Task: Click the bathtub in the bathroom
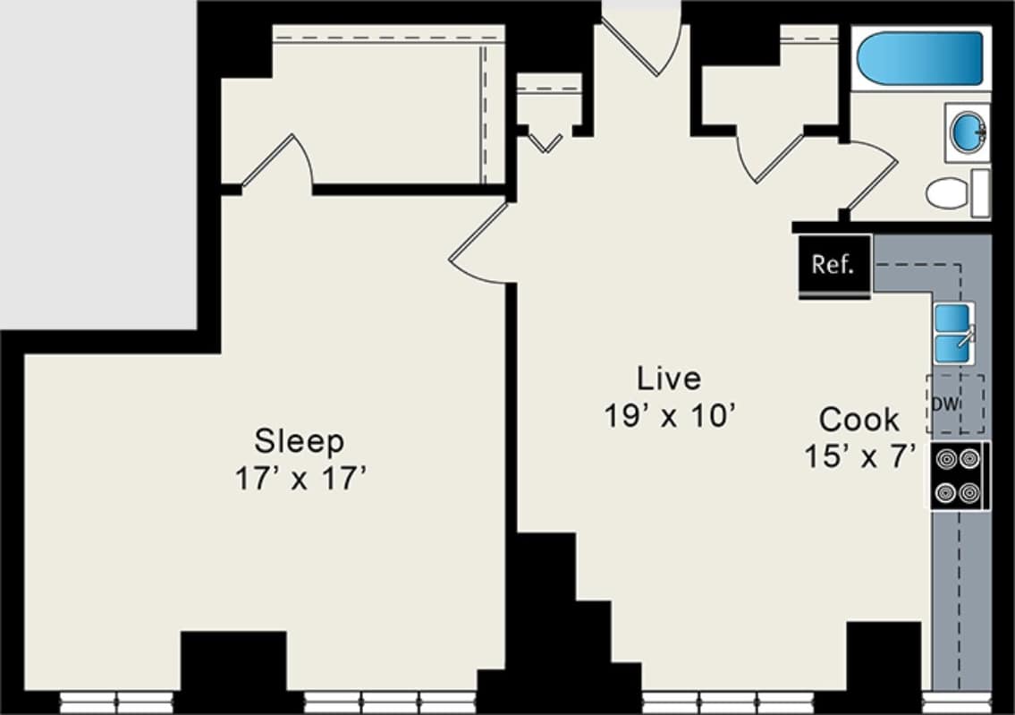(x=921, y=58)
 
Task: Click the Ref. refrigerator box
(x=833, y=266)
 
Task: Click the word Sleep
(x=299, y=441)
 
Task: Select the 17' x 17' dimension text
(x=301, y=479)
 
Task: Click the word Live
(x=668, y=379)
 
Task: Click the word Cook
(x=859, y=419)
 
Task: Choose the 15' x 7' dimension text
(x=859, y=456)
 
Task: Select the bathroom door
(x=869, y=179)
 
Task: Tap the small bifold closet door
(x=545, y=142)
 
